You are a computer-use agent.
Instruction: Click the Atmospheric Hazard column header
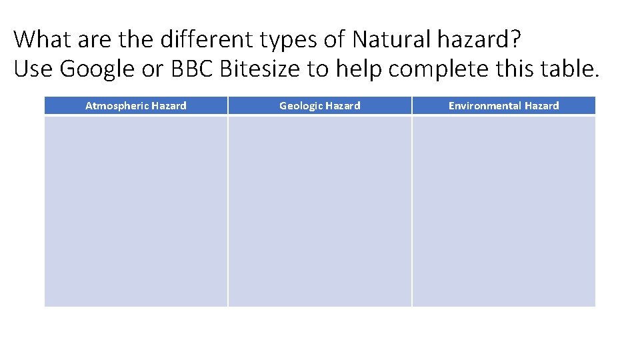point(136,105)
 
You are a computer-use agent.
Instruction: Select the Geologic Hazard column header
point(320,105)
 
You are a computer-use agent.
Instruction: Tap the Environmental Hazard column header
point(503,105)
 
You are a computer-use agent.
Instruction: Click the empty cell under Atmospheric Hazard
point(136,211)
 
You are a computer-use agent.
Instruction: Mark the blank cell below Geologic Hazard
point(320,211)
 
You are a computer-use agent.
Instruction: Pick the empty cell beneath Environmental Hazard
point(503,211)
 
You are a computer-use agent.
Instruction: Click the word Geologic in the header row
point(301,105)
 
